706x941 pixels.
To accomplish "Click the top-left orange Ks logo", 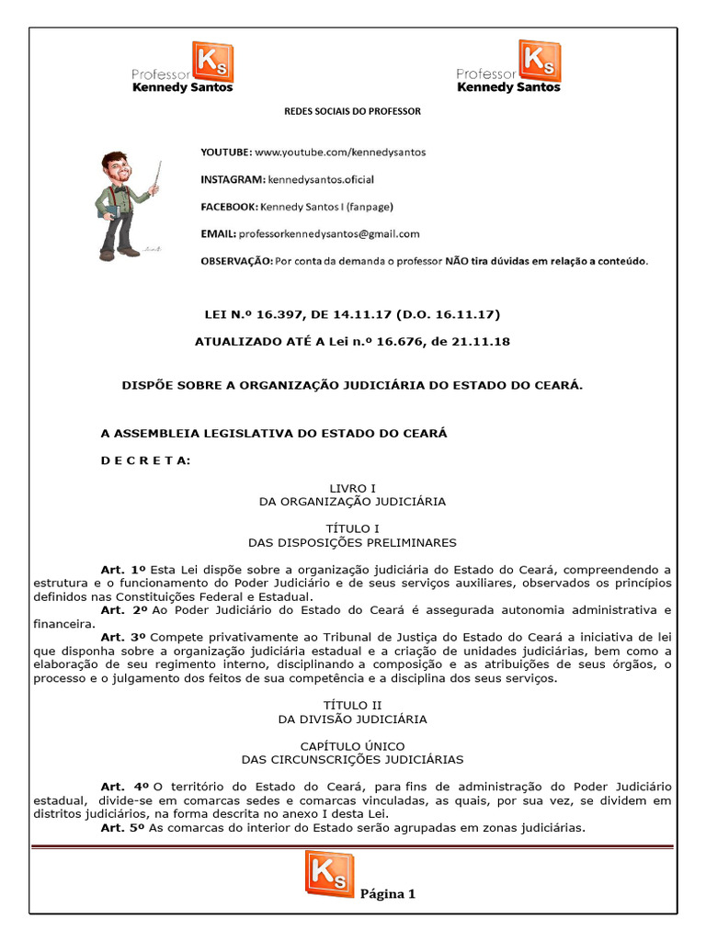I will click(212, 61).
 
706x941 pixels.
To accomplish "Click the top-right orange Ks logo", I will click(541, 61).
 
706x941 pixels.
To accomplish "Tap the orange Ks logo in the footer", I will click(328, 873).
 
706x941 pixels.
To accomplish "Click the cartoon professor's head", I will click(117, 168).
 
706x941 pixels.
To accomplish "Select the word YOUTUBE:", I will click(226, 151).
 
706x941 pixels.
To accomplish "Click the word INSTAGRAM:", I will click(233, 179).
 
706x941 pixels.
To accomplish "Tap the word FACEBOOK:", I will click(230, 207).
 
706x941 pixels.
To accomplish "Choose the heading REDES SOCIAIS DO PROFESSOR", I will click(352, 111).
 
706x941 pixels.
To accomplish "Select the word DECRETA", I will click(145, 459).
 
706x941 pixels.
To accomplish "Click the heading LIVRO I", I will click(353, 488).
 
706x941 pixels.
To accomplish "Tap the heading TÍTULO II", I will click(353, 705).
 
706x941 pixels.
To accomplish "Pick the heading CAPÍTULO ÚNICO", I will click(353, 745).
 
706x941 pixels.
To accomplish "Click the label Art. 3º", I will click(124, 637).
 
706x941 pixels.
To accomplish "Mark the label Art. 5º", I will click(124, 827).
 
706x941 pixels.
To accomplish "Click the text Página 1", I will click(388, 893).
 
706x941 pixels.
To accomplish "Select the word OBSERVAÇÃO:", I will click(236, 261).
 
